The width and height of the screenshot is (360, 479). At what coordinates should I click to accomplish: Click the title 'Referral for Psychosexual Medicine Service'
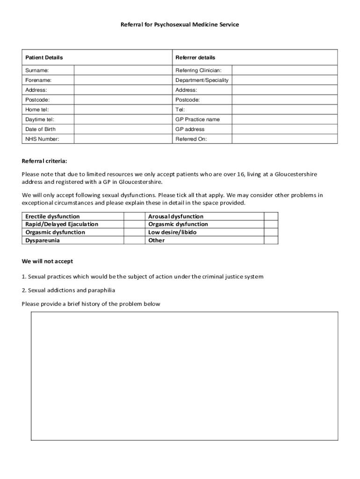point(180,24)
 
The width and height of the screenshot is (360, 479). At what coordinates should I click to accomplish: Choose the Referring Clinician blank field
point(284,70)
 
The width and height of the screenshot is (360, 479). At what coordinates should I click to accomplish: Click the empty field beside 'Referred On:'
point(284,139)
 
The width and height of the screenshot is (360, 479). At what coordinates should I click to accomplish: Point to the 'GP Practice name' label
point(197,119)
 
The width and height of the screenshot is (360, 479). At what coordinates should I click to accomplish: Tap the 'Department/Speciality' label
point(202,80)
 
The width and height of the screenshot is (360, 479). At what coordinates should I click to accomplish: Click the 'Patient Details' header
point(44,58)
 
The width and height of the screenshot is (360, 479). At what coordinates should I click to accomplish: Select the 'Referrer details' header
point(195,58)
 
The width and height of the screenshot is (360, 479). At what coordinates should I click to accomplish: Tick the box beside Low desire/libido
point(271,232)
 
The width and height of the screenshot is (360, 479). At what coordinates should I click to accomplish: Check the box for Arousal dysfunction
point(271,217)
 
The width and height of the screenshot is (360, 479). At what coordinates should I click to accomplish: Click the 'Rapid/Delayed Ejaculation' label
point(62,225)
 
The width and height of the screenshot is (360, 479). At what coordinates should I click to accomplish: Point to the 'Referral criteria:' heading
point(44,161)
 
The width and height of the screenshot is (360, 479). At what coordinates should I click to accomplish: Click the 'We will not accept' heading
point(47,261)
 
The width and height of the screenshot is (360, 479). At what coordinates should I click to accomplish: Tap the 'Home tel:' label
point(37,109)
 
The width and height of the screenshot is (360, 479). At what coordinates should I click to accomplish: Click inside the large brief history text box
point(184,376)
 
